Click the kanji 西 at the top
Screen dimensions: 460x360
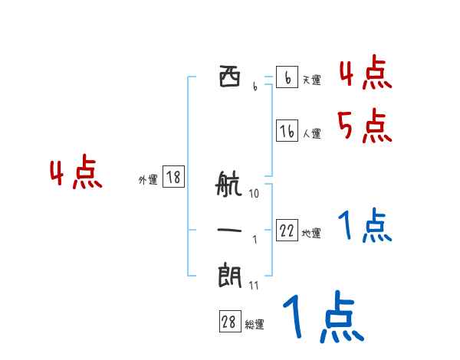point(230,77)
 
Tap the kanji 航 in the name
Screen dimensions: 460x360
point(228,184)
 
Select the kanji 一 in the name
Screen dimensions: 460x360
point(229,230)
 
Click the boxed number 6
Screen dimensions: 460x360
point(287,77)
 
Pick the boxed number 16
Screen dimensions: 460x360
point(287,130)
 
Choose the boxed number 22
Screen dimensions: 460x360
point(287,230)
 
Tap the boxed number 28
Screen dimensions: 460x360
point(230,321)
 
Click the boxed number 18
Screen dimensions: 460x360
point(174,176)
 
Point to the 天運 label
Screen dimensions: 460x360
point(312,80)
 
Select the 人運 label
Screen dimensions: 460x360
point(312,134)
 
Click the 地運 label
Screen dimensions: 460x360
point(311,234)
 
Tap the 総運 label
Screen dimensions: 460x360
point(255,325)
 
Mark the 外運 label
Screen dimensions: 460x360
point(148,180)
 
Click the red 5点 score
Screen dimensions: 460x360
point(365,126)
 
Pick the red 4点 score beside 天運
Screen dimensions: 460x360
point(366,72)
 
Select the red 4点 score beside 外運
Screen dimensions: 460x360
point(76,172)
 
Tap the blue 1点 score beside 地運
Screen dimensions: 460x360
point(365,225)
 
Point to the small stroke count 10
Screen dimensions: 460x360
point(254,194)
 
